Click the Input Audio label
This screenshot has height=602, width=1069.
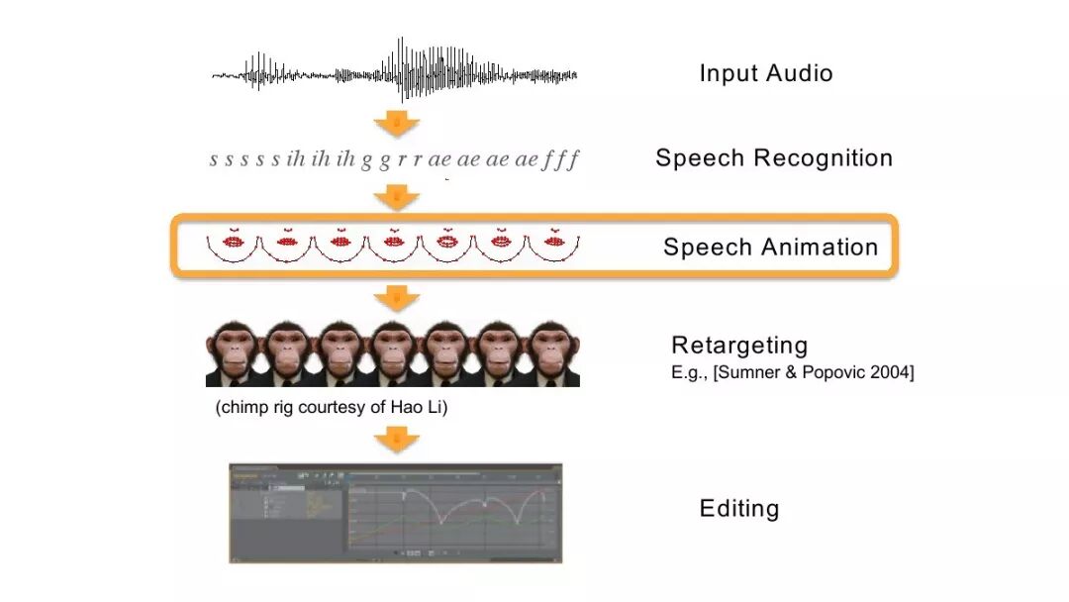(x=765, y=73)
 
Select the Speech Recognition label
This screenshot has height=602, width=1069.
(x=773, y=158)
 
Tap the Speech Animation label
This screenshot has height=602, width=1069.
(x=770, y=248)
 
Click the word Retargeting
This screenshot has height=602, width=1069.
(x=739, y=346)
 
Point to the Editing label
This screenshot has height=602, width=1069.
(x=739, y=509)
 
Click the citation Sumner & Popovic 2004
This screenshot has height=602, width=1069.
(x=792, y=373)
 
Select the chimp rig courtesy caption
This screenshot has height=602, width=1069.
(x=332, y=407)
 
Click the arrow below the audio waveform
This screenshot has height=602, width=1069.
(x=397, y=123)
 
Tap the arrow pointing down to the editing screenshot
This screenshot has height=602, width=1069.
(x=397, y=441)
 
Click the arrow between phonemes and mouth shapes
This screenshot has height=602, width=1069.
(x=397, y=198)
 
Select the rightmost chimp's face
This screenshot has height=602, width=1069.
(x=552, y=351)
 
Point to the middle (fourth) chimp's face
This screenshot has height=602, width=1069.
(x=393, y=351)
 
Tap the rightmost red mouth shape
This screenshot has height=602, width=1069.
(x=552, y=241)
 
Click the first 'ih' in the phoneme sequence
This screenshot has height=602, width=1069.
(x=295, y=159)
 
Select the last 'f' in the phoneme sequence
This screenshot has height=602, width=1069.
(x=573, y=159)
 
